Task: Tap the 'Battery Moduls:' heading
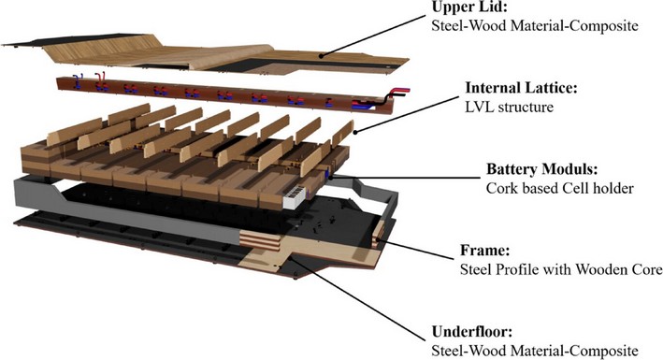point(540,171)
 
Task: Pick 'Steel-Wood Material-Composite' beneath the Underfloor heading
point(535,350)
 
